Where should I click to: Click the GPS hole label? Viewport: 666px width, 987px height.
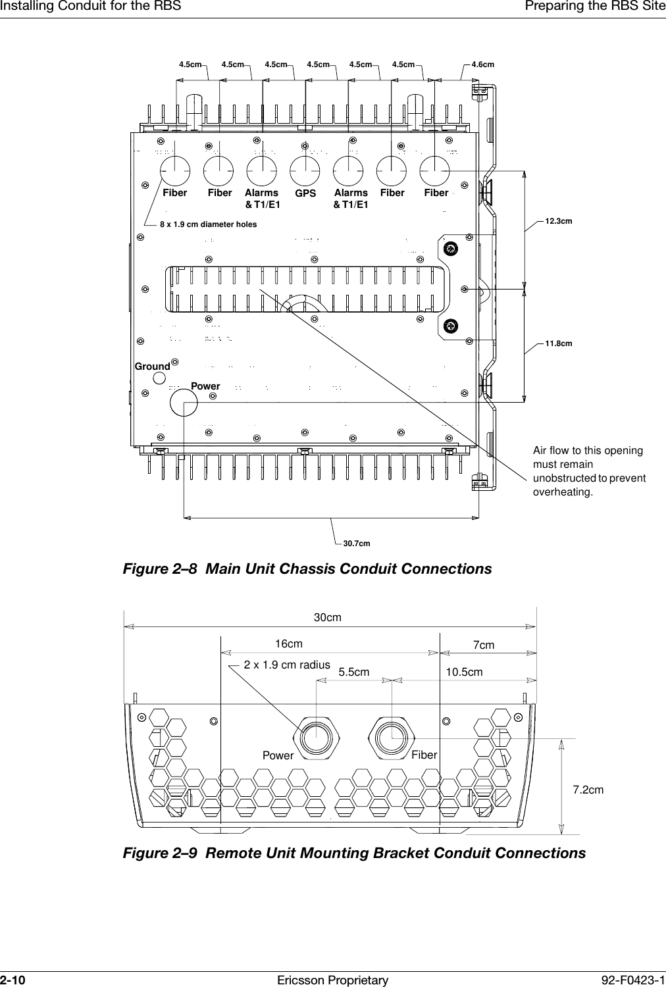(305, 194)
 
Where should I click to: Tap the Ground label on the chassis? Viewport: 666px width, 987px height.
(152, 367)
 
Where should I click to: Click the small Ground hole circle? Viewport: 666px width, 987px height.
(160, 378)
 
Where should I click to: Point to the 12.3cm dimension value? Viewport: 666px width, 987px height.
(559, 221)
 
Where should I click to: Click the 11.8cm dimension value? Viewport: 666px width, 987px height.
(559, 343)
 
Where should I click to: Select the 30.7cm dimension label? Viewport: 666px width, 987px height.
(357, 544)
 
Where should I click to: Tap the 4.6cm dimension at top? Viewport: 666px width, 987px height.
(483, 64)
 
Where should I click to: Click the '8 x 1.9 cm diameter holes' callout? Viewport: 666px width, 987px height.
(209, 224)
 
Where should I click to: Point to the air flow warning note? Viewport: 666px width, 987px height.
(588, 471)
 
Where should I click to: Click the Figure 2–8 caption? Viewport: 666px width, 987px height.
(307, 569)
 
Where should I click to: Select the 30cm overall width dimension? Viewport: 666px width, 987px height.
(327, 618)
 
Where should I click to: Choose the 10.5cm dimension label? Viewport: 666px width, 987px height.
(464, 672)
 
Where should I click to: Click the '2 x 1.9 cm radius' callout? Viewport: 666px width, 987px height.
(287, 665)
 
